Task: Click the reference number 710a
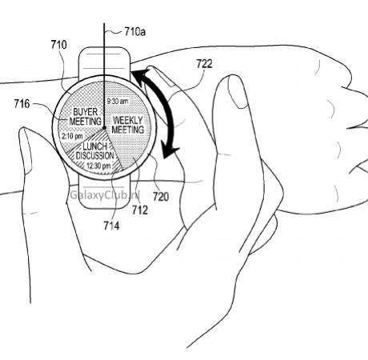pyautogui.click(x=135, y=32)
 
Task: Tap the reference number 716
pyautogui.click(x=22, y=103)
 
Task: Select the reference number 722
pyautogui.click(x=204, y=64)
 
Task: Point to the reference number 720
pyautogui.click(x=161, y=197)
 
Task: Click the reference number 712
pyautogui.click(x=140, y=210)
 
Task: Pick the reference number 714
pyautogui.click(x=111, y=226)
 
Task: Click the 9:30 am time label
pyautogui.click(x=118, y=102)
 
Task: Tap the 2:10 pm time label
pyautogui.click(x=72, y=136)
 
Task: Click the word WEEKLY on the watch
pyautogui.click(x=128, y=120)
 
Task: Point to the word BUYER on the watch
pyautogui.click(x=86, y=112)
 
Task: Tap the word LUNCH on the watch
pyautogui.click(x=94, y=146)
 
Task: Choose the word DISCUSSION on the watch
pyautogui.click(x=95, y=155)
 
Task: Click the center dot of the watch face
pyautogui.click(x=104, y=128)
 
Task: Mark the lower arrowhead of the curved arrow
pyautogui.click(x=170, y=153)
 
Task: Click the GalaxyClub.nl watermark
pyautogui.click(x=105, y=195)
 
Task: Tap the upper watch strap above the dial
pyautogui.click(x=105, y=62)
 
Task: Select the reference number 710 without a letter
pyautogui.click(x=58, y=45)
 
